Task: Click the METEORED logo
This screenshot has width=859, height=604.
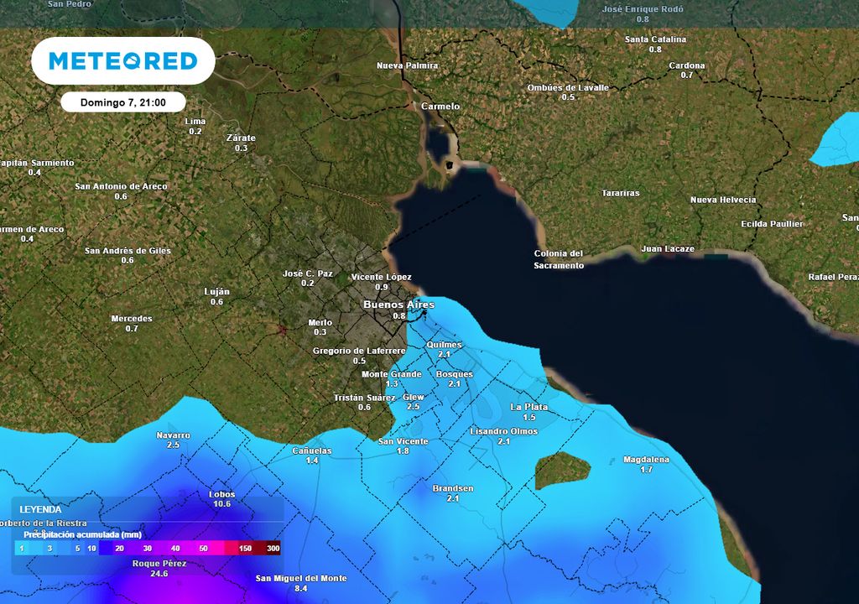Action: (x=122, y=60)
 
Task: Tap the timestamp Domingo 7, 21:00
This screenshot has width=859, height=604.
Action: (x=122, y=102)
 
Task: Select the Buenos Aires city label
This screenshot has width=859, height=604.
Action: (x=398, y=305)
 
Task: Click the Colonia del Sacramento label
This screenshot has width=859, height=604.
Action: (x=559, y=259)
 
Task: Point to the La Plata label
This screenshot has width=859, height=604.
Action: (x=529, y=407)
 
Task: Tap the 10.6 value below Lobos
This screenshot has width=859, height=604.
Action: (x=222, y=504)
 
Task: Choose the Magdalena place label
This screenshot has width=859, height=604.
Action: (x=646, y=459)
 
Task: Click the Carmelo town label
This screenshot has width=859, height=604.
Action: (x=440, y=107)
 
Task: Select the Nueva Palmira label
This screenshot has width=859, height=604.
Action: (x=408, y=65)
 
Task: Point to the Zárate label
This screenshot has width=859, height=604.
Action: (x=242, y=138)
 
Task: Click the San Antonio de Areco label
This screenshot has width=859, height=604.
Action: (x=121, y=186)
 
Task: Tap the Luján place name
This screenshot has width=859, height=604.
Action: (x=217, y=291)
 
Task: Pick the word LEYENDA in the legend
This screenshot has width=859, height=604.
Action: (x=41, y=509)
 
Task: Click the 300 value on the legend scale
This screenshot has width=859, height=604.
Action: (x=273, y=548)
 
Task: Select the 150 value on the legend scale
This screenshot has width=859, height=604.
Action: (x=245, y=548)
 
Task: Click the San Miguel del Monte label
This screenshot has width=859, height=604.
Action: (x=301, y=578)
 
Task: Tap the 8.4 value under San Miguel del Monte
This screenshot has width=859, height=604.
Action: (x=301, y=589)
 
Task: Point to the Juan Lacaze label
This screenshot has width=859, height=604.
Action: (x=668, y=248)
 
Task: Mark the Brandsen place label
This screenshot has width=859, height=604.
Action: (x=453, y=488)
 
